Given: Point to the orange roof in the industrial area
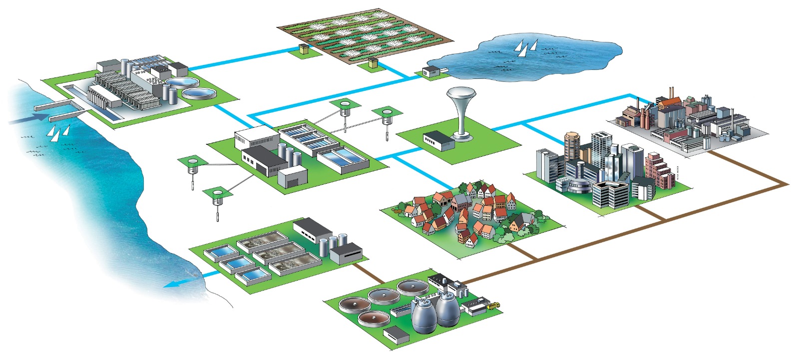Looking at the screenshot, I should click(x=670, y=102).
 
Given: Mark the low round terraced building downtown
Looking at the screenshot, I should click(x=577, y=187).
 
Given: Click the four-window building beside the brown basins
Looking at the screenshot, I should click(x=345, y=252).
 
